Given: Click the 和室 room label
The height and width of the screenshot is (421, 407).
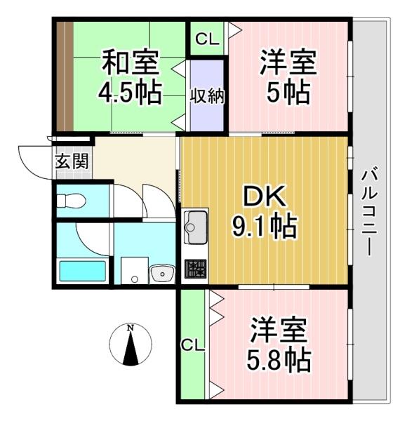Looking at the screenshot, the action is tap(131, 62).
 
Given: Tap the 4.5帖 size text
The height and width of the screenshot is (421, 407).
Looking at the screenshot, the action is tap(131, 93).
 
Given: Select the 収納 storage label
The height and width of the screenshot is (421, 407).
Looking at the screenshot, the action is tap(207, 95).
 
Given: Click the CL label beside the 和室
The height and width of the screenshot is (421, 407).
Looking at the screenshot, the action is tap(207, 39).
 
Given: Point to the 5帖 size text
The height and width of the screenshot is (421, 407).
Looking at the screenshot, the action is tap(288, 93).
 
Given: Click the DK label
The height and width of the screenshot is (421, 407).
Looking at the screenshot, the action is tap(265, 196).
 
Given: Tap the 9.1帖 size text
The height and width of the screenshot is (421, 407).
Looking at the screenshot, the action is tap(265, 226).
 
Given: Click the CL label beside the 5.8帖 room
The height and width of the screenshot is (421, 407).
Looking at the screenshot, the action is tap(192, 345).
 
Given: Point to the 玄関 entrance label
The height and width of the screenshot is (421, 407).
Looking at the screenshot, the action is tap(72, 161).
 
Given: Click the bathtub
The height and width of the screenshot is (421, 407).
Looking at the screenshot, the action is tap(82, 271).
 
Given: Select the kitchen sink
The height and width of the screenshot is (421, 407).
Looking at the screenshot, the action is tap(196, 227).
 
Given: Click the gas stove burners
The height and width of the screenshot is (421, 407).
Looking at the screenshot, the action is tap(196, 269).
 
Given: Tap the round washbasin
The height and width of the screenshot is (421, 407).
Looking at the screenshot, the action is tap(162, 274).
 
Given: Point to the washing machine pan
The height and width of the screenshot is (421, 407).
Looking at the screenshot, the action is tap(134, 270).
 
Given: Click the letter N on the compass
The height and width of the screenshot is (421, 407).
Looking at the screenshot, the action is tap(131, 328).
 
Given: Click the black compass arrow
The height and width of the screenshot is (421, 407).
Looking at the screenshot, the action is tap(131, 348).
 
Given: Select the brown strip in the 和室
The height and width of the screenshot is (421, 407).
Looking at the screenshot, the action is tap(65, 76).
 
